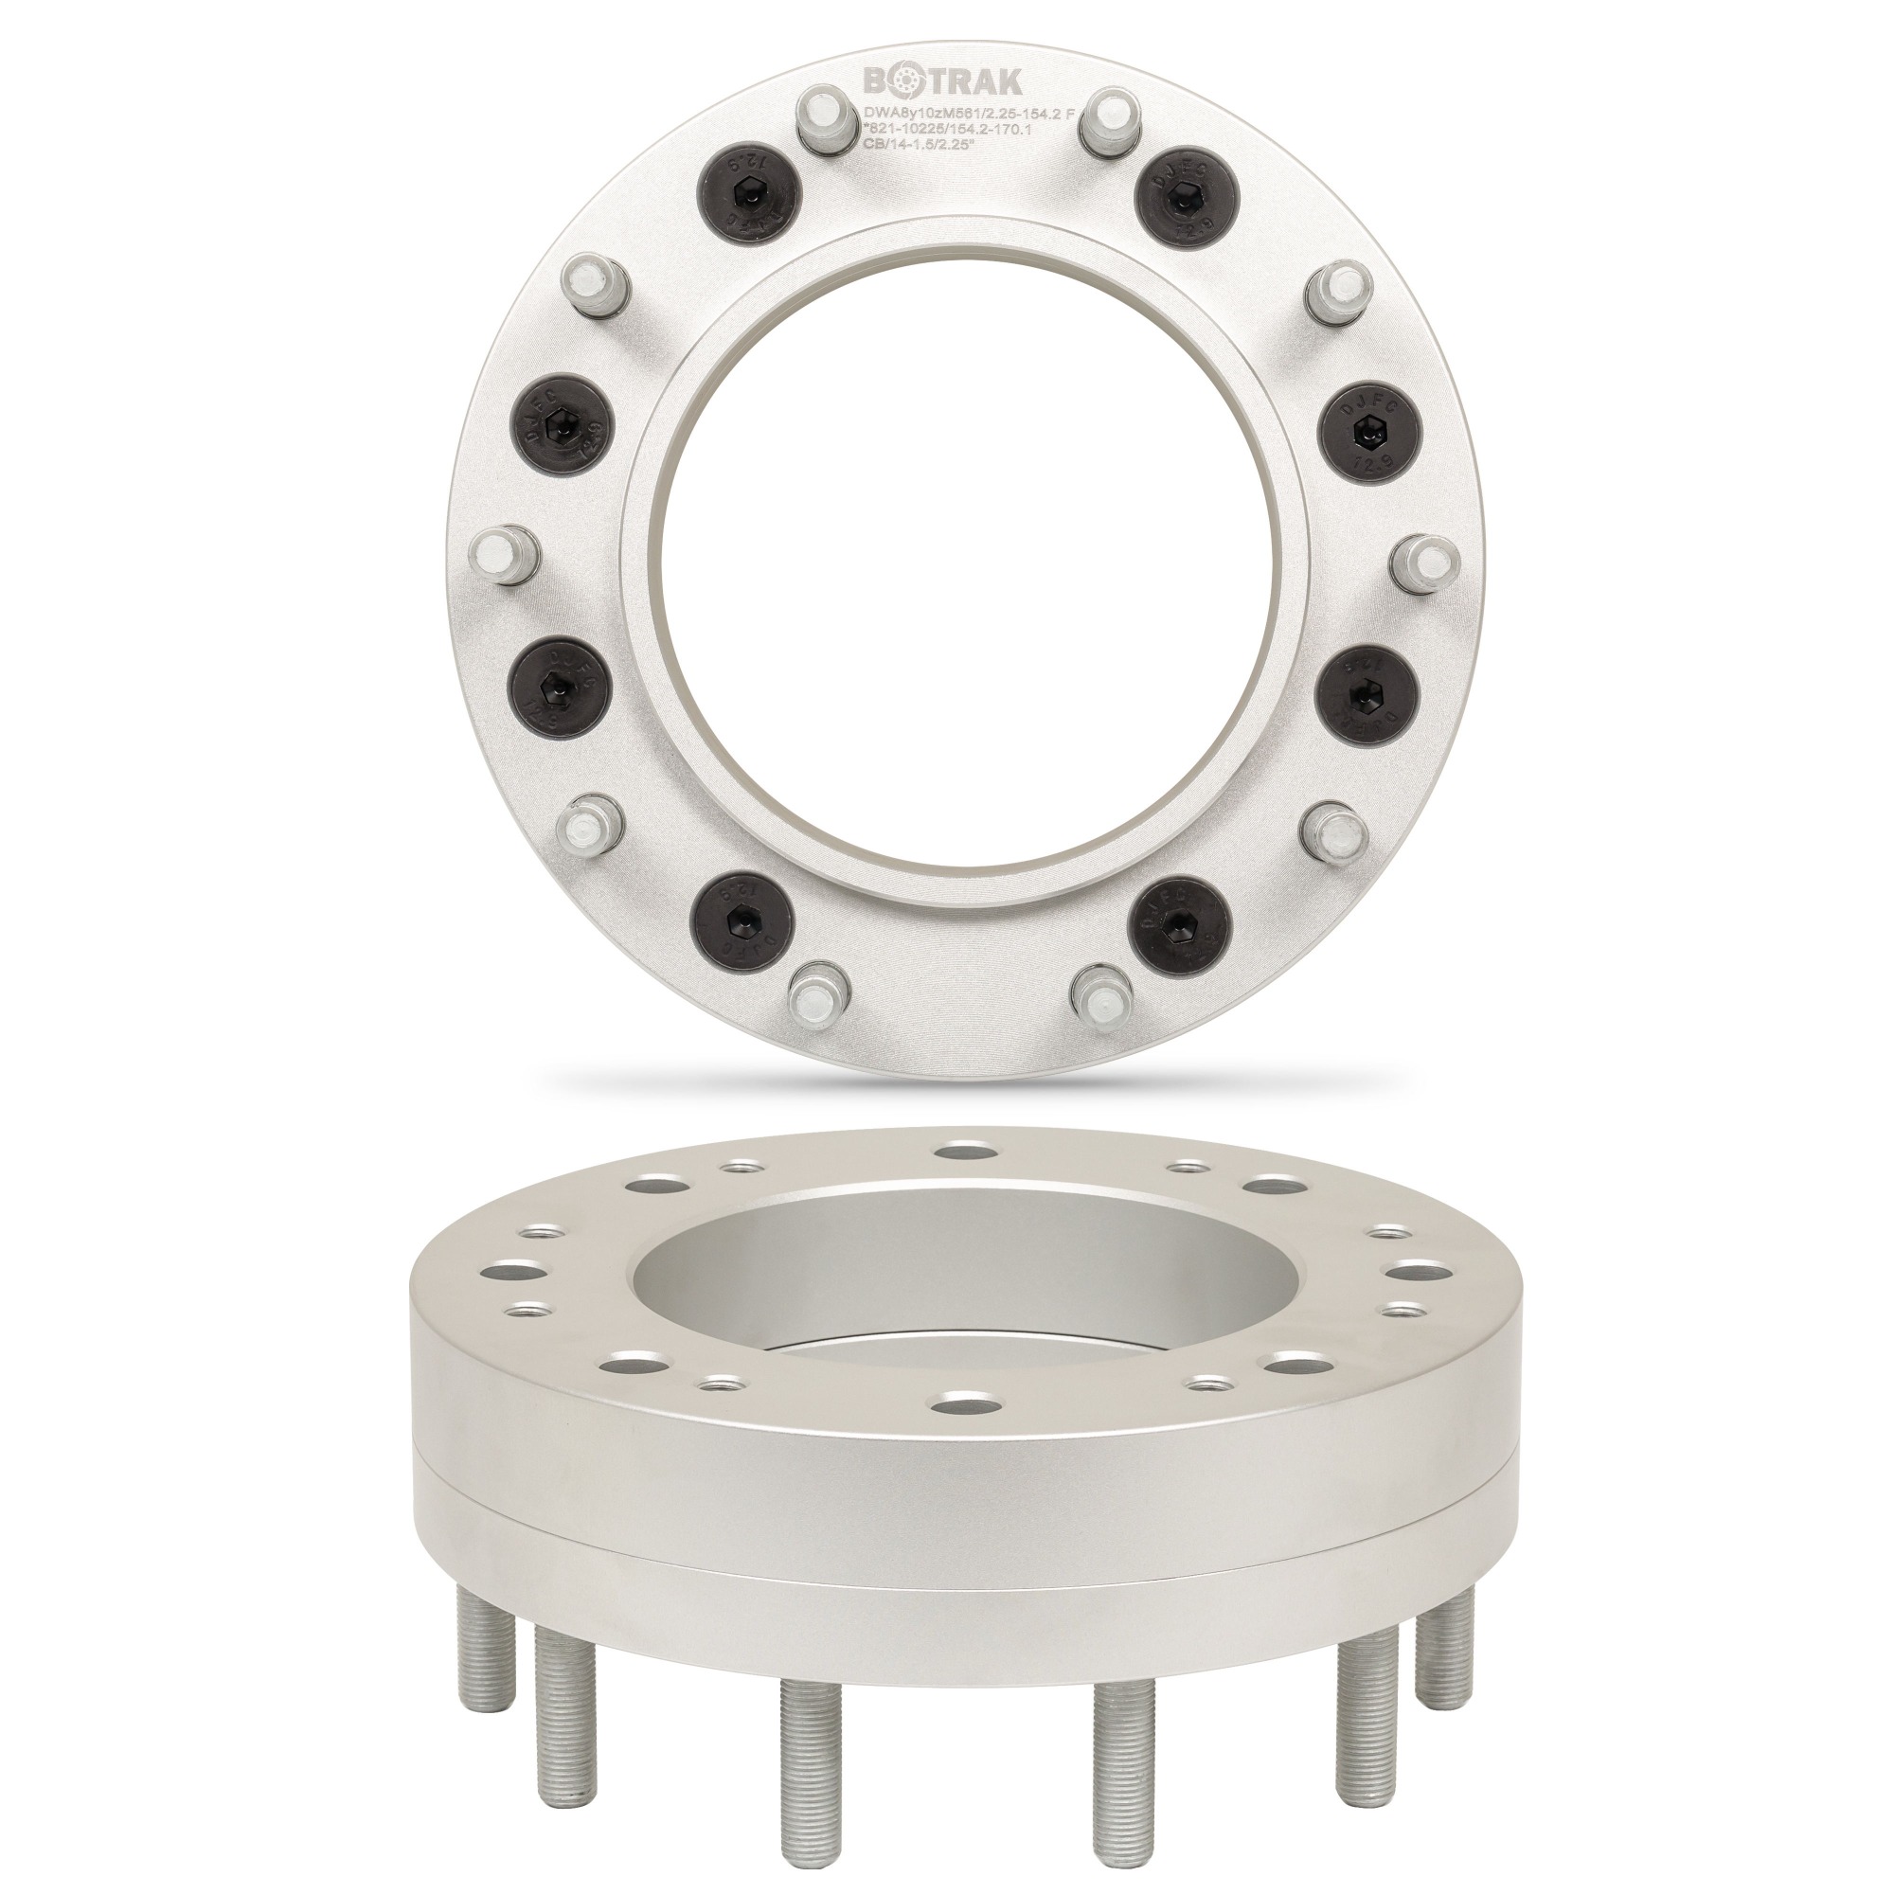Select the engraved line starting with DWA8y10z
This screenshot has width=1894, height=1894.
click(967, 114)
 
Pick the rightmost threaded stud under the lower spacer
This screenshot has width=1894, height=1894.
click(1447, 1627)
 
